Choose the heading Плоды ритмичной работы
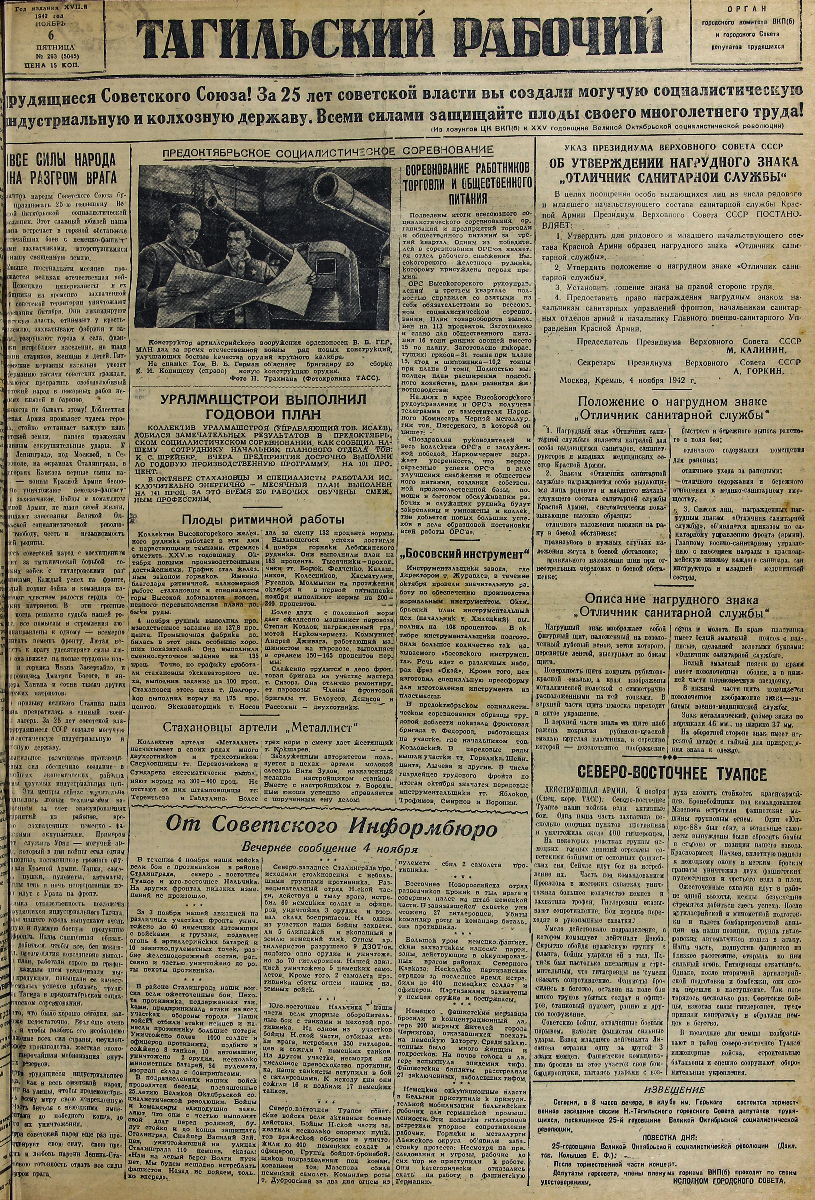point(263,519)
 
